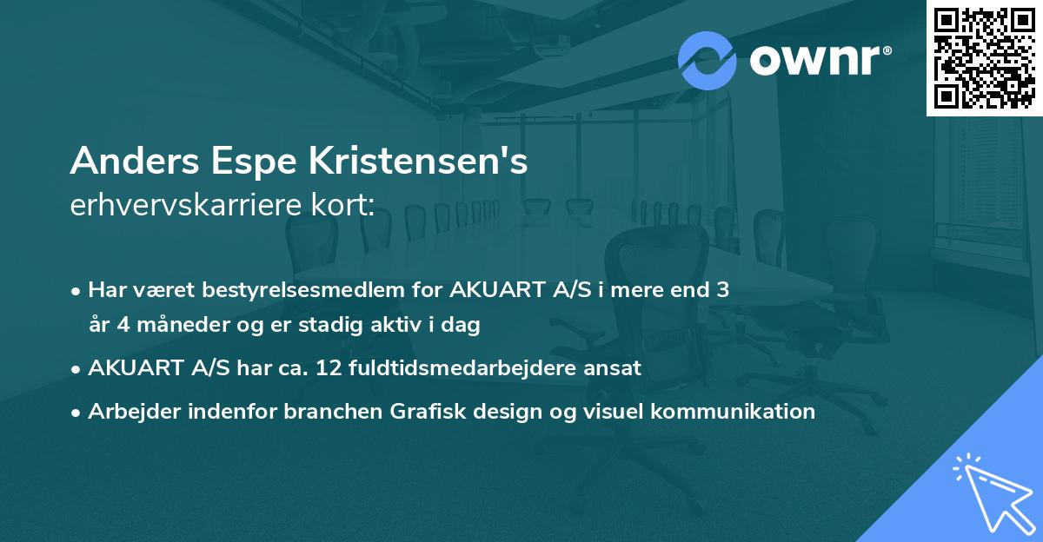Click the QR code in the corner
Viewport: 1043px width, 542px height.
coord(985,57)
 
